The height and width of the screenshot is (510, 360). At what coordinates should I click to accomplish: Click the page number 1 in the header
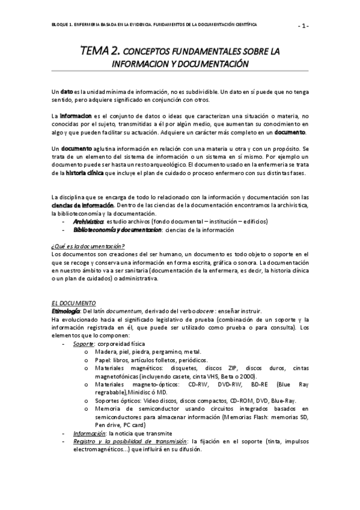(304, 25)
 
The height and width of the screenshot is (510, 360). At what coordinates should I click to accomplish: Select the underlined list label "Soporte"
(83, 343)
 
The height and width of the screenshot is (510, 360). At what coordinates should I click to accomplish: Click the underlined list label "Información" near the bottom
(88, 433)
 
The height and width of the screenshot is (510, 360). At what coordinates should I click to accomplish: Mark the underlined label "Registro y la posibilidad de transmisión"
(130, 441)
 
